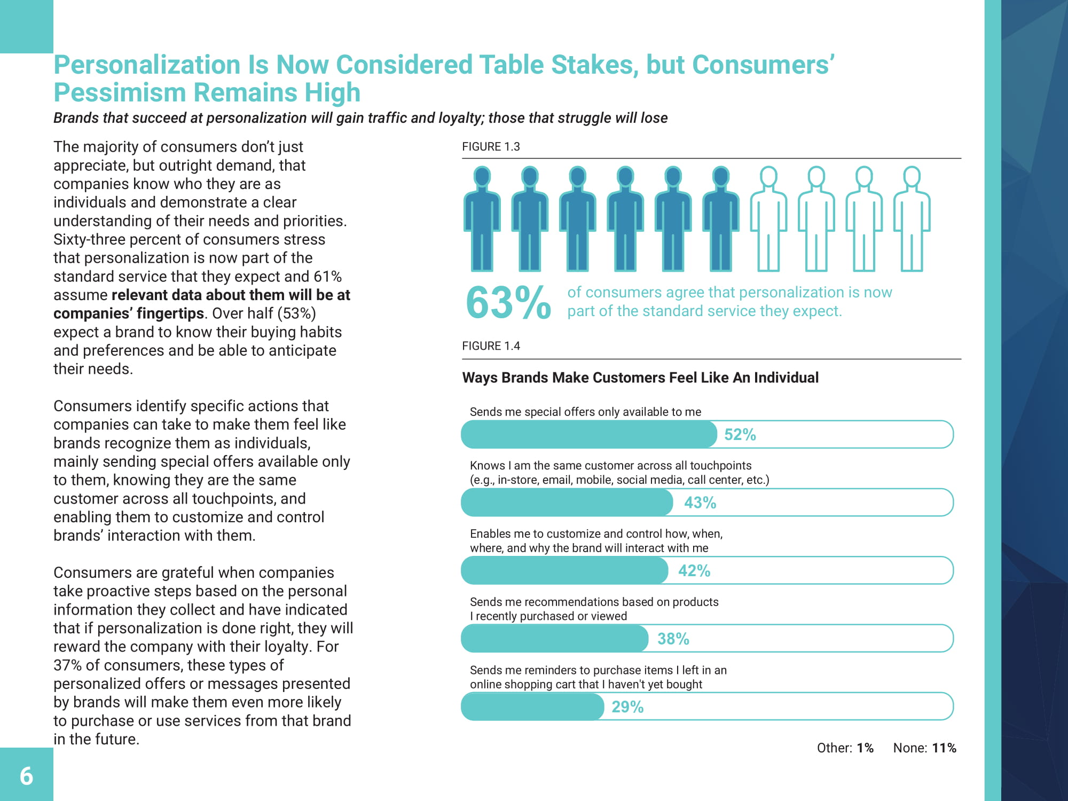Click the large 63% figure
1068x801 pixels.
(508, 303)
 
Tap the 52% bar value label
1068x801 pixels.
(740, 435)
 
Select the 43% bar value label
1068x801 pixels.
(700, 502)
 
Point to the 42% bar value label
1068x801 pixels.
(694, 571)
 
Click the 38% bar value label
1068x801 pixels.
(673, 639)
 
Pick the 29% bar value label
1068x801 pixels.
(627, 707)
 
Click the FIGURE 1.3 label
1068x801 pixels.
(491, 147)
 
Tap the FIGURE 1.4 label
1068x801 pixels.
(491, 346)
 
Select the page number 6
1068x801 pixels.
(26, 776)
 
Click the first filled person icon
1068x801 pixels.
(482, 219)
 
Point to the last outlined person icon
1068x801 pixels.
(912, 219)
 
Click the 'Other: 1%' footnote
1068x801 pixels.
(845, 748)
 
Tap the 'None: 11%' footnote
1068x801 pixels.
(924, 748)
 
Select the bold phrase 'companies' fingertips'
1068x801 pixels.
(128, 313)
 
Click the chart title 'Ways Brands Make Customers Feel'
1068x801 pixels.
(640, 378)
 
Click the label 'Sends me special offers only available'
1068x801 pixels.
(585, 412)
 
